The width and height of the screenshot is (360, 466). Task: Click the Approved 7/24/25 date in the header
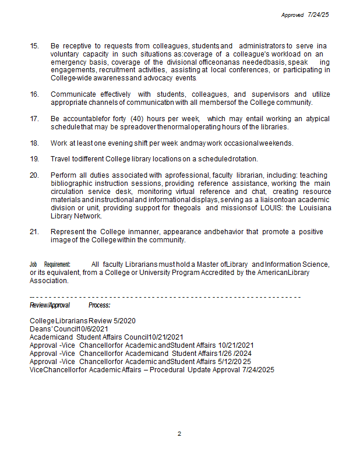pos(305,15)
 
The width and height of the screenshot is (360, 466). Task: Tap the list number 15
pos(34,45)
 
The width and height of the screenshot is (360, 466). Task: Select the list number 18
pos(34,143)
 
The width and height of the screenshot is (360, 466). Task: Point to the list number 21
pos(34,232)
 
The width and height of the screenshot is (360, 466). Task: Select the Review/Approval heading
pos(50,305)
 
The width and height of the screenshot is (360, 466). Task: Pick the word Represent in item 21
pos(68,232)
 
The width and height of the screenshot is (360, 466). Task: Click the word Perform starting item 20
pos(63,175)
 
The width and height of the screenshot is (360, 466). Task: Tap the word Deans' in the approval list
pos(41,329)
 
